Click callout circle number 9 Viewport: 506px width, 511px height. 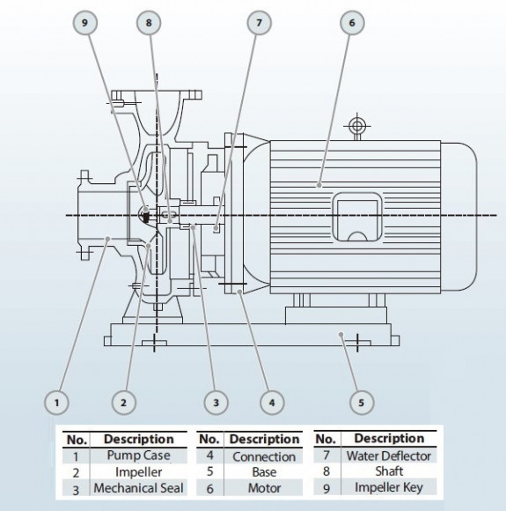pos(86,26)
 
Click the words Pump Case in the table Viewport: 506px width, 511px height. pos(138,455)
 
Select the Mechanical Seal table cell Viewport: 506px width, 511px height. pos(138,487)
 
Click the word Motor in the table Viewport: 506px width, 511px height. pos(263,488)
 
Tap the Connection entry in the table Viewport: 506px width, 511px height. pos(263,456)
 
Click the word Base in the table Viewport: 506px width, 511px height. pos(263,472)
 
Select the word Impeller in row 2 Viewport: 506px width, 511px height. pos(138,471)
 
